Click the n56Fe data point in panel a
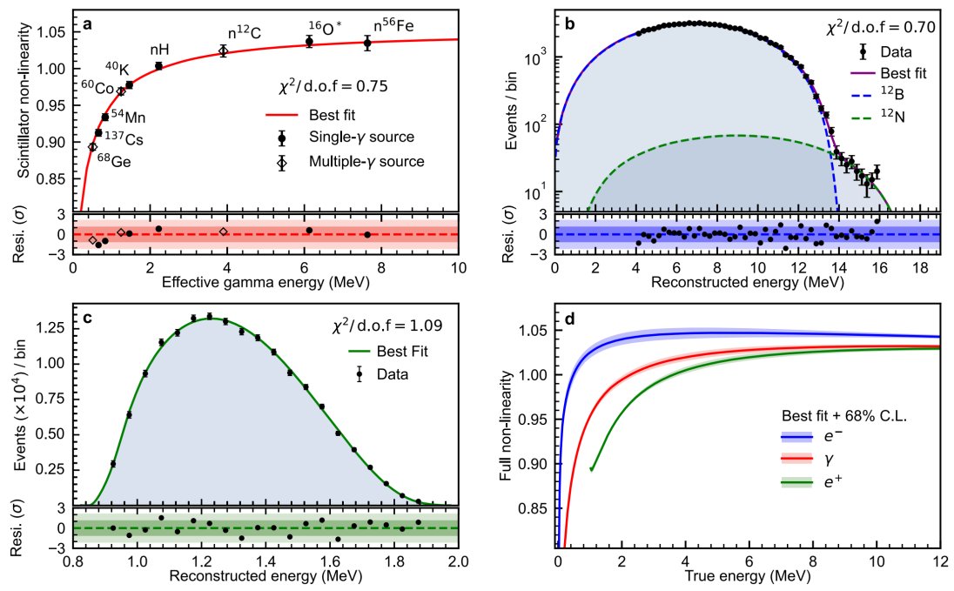[x=367, y=43]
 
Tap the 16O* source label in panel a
[x=325, y=28]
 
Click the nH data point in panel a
[x=158, y=66]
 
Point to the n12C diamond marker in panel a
[x=224, y=51]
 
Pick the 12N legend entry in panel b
[x=877, y=116]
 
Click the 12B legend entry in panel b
[x=877, y=94]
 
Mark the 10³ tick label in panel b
[x=534, y=58]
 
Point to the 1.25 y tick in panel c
[x=51, y=329]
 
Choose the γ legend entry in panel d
[x=808, y=459]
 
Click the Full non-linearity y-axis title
[x=507, y=426]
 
